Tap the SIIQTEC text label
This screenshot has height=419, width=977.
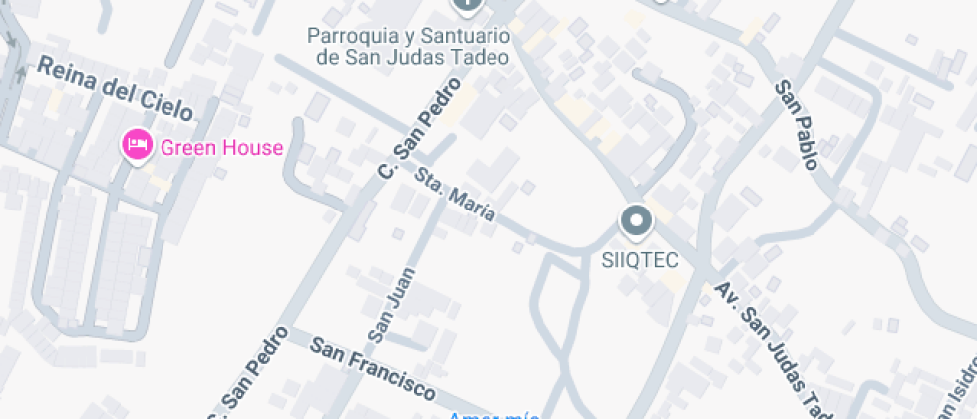[640, 261]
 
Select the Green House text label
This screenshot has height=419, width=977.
[221, 148]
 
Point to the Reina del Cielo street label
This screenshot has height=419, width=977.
[115, 88]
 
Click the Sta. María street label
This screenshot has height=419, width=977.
[455, 197]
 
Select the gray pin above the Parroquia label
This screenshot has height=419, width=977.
[467, 5]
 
